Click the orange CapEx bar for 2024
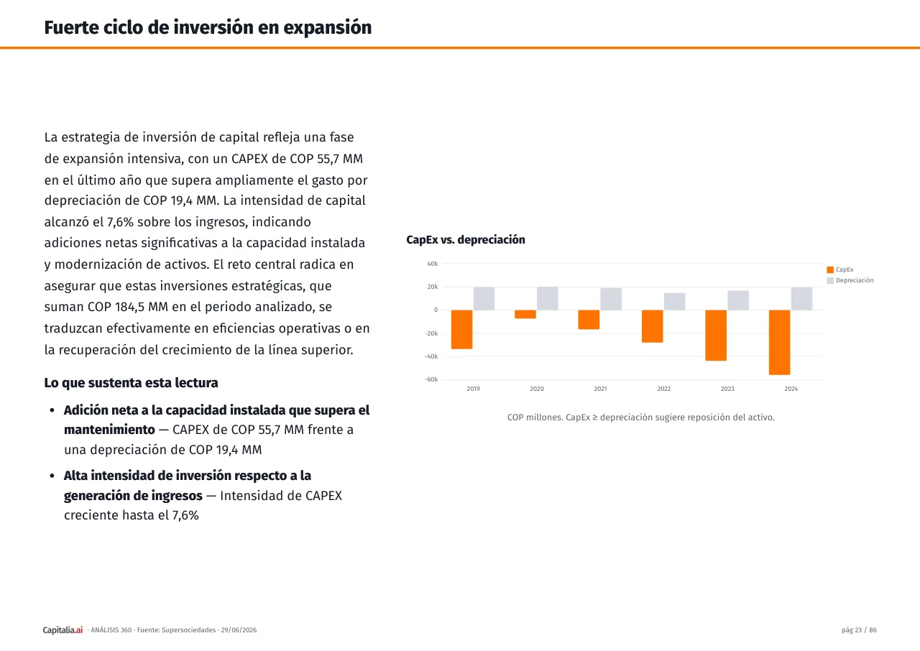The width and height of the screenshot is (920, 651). point(779,342)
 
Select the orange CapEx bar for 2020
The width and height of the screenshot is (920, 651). point(525,315)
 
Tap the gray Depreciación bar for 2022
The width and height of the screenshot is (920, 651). point(674,302)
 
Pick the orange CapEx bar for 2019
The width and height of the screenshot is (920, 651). point(461,330)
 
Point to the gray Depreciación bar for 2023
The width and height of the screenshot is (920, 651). point(738,300)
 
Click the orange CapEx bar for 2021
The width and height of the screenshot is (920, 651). point(589,320)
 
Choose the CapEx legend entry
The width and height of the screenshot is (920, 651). point(840,269)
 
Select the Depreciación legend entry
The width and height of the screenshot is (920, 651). point(850,280)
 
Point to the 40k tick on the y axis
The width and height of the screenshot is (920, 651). point(433,264)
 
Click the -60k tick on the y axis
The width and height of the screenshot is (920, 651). point(431,379)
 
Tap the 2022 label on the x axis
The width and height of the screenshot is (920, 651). point(663,389)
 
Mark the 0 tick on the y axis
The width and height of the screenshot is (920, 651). point(436,310)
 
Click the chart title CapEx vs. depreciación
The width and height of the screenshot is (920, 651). point(465,240)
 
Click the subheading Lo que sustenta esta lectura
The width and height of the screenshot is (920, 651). point(131,382)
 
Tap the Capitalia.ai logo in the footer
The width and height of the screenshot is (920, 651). point(63,630)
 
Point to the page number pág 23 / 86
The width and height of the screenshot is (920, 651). point(859,630)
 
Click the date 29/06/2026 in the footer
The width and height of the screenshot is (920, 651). point(239,630)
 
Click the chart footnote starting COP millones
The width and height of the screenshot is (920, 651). point(640,417)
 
